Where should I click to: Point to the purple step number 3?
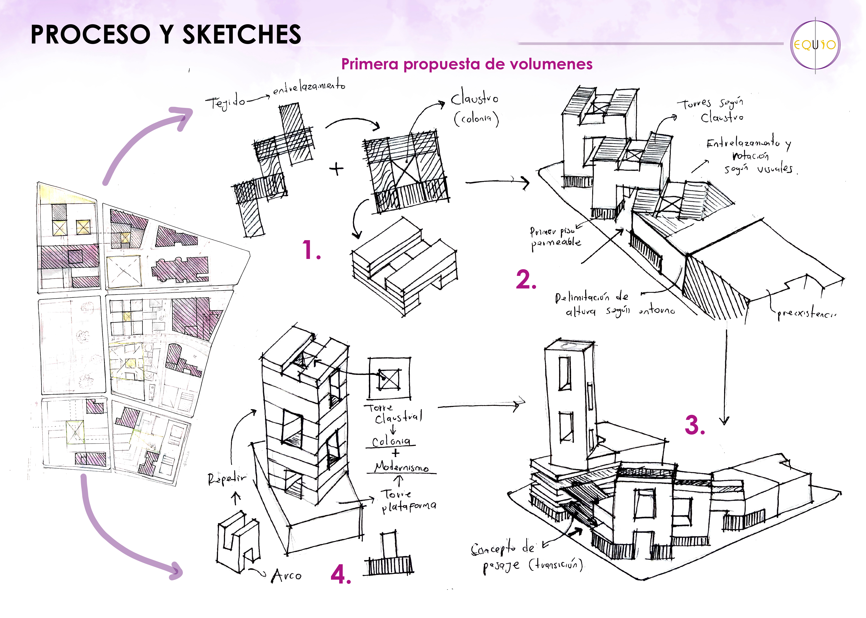[x=695, y=425]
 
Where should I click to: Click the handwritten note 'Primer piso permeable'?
[x=555, y=238]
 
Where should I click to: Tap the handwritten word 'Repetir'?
[x=227, y=479]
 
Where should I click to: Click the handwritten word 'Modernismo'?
[x=401, y=467]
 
